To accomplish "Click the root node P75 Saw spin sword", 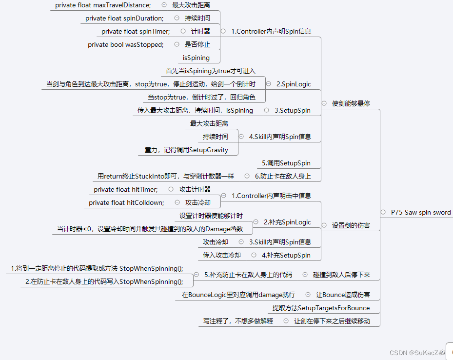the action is click(x=420, y=212).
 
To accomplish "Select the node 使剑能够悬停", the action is click(x=351, y=103).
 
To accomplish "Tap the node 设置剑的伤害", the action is click(x=351, y=225).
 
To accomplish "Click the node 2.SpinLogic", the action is click(x=293, y=84).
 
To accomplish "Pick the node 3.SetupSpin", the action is click(x=292, y=110).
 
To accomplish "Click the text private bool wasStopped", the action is click(x=125, y=44).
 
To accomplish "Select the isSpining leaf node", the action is click(x=196, y=58).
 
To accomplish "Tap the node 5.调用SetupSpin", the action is click(x=286, y=163).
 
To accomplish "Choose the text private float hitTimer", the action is click(x=125, y=189).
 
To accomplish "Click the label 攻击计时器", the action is click(x=195, y=189).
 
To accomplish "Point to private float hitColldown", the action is click(x=126, y=202).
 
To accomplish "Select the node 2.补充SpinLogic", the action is click(x=287, y=222).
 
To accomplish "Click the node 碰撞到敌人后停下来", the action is click(x=341, y=275).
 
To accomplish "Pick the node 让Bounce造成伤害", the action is click(x=342, y=295).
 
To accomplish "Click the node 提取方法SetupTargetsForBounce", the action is click(x=321, y=308).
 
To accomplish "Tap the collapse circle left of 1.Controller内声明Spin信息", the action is click(x=223, y=31).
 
